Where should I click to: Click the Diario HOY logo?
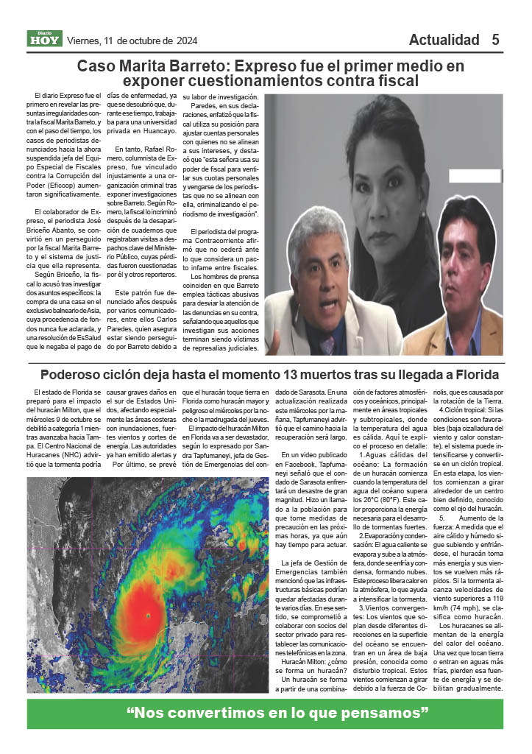coord(45,39)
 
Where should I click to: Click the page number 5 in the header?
coord(496,40)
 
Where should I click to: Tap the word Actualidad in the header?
coord(444,40)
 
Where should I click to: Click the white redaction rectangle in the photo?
coord(475,175)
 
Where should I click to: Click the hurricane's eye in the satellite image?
coord(148,615)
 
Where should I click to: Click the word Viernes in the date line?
coord(85,40)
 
